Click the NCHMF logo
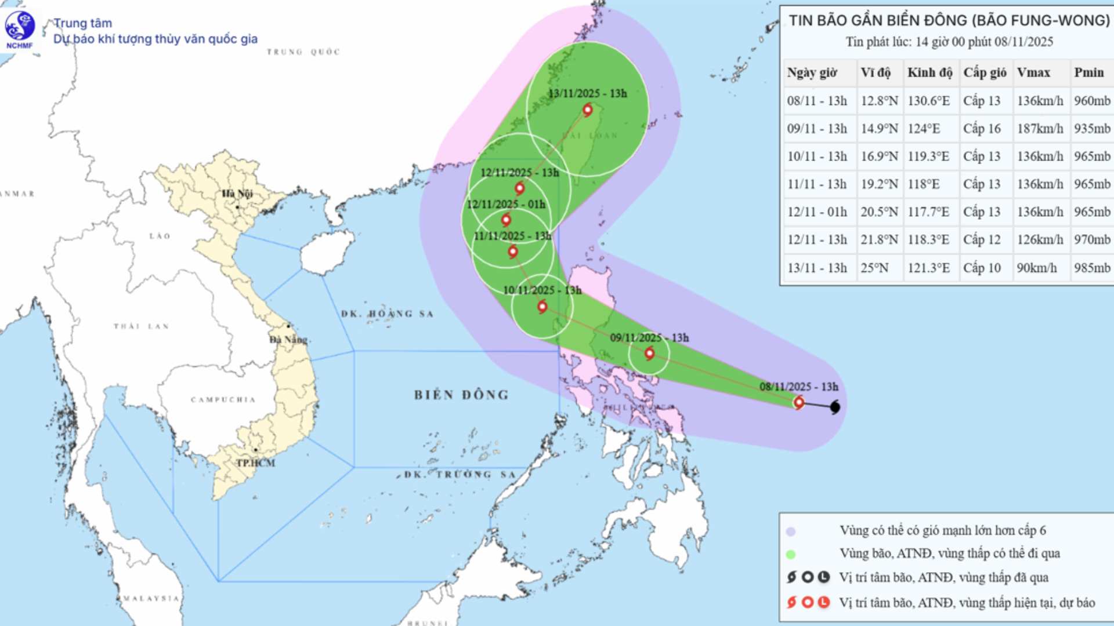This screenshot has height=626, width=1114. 20,27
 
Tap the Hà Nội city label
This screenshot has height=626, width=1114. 237,194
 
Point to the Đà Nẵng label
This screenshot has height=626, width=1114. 288,339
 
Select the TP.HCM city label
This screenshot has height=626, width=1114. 255,463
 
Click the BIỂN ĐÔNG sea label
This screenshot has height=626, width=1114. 461,395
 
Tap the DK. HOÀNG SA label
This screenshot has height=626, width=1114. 387,314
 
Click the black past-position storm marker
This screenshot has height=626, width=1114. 835,407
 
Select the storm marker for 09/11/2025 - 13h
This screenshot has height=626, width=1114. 649,353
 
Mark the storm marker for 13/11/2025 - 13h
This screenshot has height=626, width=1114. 587,110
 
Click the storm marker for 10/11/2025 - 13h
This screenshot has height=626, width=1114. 542,306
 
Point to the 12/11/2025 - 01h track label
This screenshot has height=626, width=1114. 506,205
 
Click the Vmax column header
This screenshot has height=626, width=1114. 1033,72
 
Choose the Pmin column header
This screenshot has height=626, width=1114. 1088,72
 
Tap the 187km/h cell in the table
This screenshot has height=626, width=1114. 1040,129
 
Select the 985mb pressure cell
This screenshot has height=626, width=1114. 1092,268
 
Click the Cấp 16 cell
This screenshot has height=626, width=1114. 982,129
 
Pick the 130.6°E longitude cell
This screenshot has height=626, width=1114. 928,101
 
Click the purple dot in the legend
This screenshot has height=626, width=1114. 790,532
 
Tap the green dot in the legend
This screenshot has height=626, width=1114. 790,555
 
